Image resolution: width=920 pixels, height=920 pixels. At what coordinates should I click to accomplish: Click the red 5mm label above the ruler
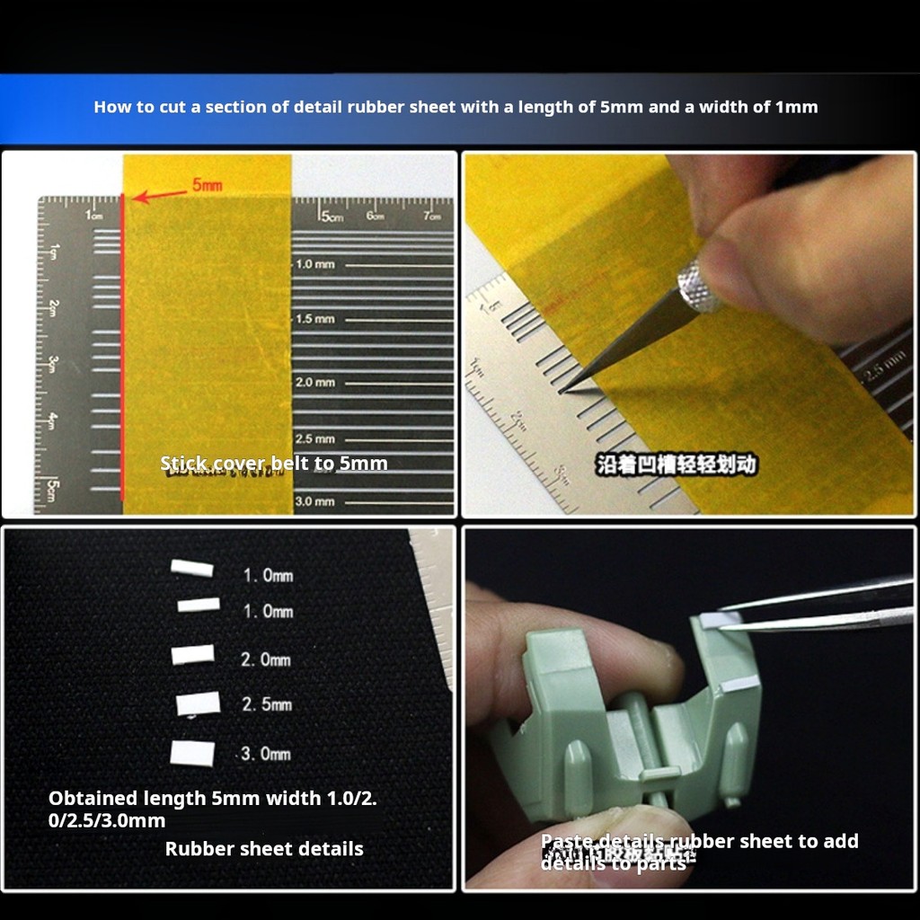point(207,186)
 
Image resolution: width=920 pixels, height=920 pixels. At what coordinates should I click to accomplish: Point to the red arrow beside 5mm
point(158,193)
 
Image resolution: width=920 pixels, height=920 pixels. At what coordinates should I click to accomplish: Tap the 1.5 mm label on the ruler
point(315,319)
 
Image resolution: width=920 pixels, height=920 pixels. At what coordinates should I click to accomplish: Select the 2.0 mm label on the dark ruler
point(315,383)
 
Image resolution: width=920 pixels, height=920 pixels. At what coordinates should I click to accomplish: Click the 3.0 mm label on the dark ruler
point(315,501)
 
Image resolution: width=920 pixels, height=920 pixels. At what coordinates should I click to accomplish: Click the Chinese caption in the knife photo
point(677,464)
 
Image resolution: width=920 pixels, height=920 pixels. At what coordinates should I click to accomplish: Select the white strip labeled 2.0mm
point(193,655)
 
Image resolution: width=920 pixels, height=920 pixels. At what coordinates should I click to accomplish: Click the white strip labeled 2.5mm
point(199,703)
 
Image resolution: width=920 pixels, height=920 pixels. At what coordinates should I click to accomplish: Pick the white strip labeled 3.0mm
point(193,753)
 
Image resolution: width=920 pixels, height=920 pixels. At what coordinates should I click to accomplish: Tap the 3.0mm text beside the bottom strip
point(266,754)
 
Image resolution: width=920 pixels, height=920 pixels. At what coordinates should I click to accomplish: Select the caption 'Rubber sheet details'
point(264,849)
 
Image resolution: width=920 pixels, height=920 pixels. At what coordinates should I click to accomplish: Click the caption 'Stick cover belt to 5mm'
point(274,464)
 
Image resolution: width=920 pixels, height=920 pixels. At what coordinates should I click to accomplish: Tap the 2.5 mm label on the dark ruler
point(315,439)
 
